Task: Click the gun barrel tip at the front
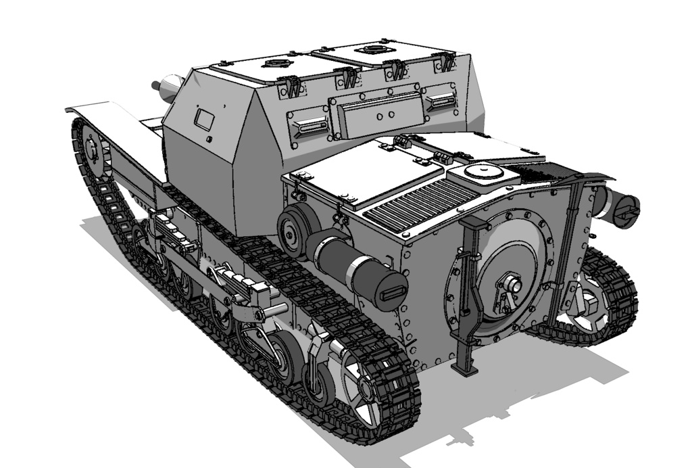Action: tap(156, 85)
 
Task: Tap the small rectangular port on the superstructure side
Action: tap(203, 119)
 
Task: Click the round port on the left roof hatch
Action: tap(275, 64)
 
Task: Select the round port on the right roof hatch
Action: tap(372, 49)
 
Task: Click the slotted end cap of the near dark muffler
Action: tap(393, 293)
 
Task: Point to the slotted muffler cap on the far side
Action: tap(627, 209)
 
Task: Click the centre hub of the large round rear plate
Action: tap(512, 287)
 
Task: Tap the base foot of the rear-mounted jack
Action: tap(465, 369)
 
